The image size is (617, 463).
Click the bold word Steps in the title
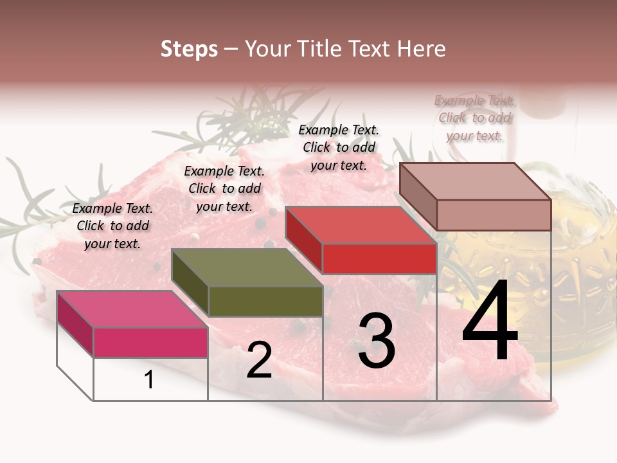coord(189,49)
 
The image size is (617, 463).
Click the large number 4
coord(490,322)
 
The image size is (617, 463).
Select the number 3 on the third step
coord(377,341)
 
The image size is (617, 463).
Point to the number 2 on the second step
coord(260,361)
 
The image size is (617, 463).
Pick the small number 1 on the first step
coord(149,380)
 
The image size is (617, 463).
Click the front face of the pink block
coord(150,342)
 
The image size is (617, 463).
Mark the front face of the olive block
coord(265,301)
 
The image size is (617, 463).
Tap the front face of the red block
coord(379,259)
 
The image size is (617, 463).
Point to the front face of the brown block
coord(494,215)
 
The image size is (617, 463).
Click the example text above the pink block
coord(113,226)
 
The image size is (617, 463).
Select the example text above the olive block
coord(224,188)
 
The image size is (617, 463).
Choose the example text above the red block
coord(339,147)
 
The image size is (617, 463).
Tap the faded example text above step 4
coord(475,118)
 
